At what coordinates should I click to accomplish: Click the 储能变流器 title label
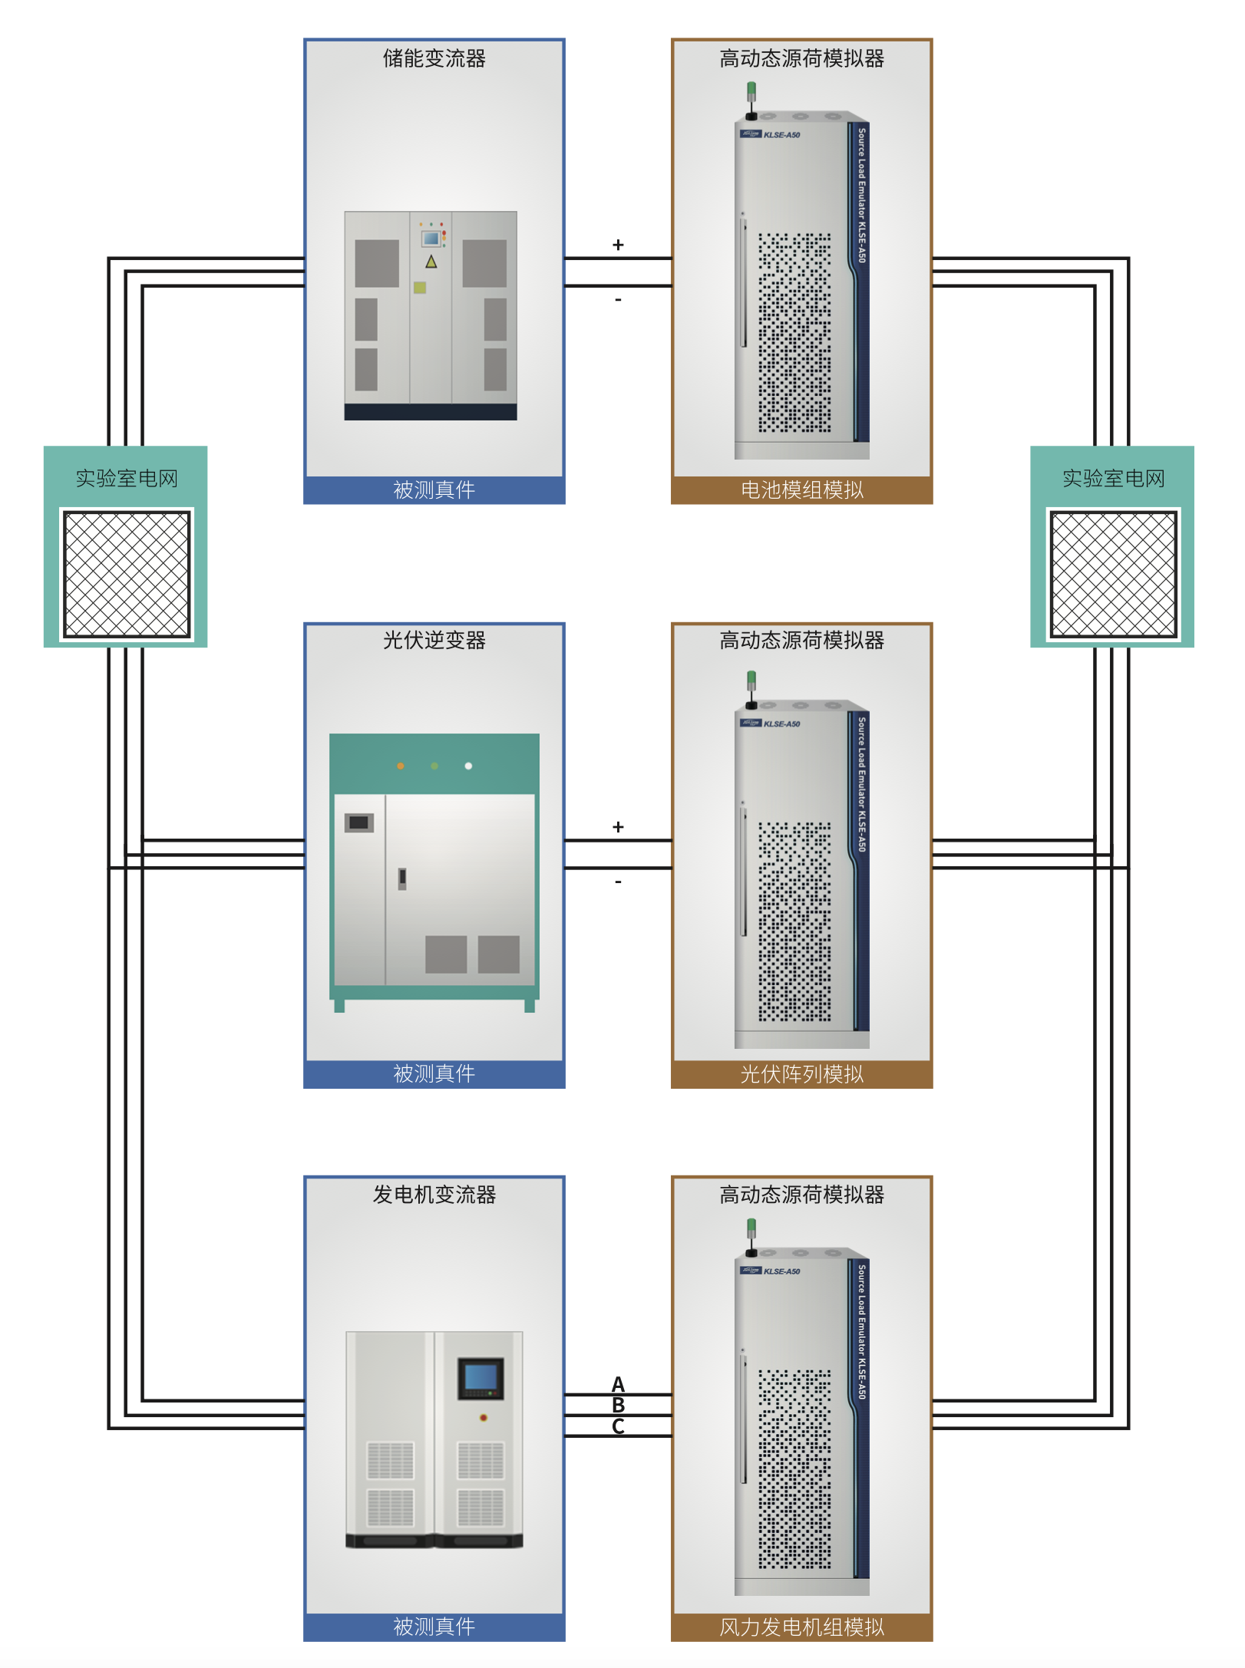pos(434,58)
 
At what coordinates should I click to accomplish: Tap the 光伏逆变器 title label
pos(434,640)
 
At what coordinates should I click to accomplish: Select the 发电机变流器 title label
pos(434,1194)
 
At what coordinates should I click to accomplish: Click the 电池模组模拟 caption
pos(801,490)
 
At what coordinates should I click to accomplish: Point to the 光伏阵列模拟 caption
pos(801,1073)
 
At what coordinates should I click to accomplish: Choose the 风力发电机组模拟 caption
pos(801,1627)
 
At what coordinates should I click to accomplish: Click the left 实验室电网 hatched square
pos(127,574)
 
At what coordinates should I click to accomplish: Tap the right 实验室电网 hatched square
pos(1112,574)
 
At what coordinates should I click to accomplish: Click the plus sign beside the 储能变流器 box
pos(618,245)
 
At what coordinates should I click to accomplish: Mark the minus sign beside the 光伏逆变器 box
pos(618,882)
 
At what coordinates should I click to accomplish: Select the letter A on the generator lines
pos(618,1383)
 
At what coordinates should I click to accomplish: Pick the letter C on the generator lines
pos(618,1426)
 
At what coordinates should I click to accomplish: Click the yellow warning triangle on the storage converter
pos(431,262)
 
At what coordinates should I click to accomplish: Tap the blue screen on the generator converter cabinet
pos(480,1376)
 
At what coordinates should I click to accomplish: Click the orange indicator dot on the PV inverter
pos(401,766)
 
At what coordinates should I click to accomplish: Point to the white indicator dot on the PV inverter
pos(468,766)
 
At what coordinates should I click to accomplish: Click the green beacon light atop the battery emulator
pos(751,91)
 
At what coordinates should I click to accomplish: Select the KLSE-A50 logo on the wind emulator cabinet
pos(771,1271)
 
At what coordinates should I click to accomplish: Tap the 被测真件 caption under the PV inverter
pos(434,1073)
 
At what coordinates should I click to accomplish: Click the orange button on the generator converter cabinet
pos(483,1417)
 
